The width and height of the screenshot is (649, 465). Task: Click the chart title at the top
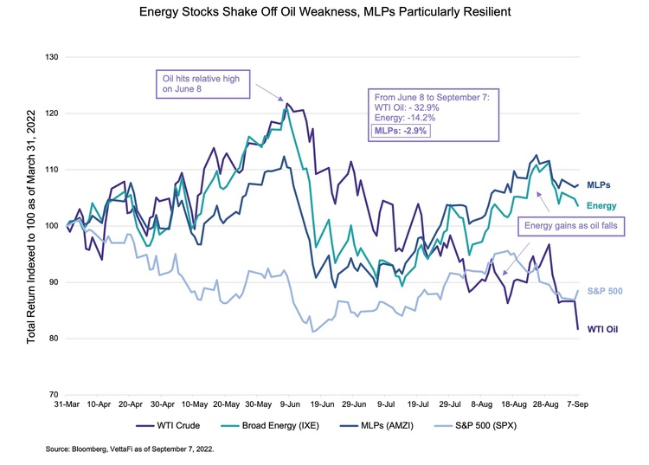point(324,14)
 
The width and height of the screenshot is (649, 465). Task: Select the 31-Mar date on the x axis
point(68,404)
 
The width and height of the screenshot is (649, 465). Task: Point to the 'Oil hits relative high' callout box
point(201,81)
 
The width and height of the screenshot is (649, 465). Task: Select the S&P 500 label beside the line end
point(606,291)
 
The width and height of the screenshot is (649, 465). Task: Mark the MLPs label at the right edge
point(600,185)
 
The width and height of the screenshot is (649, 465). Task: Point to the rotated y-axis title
point(31,225)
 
